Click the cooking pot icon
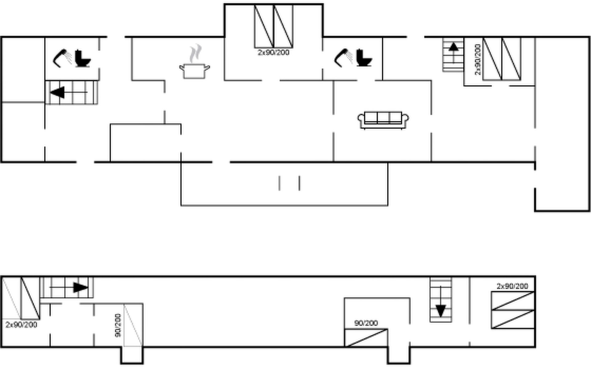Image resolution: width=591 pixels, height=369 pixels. [x=195, y=71]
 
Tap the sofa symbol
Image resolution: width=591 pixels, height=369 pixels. [x=383, y=120]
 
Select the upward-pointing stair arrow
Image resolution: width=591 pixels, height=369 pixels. [x=453, y=53]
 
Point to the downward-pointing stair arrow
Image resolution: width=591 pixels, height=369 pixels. [x=441, y=302]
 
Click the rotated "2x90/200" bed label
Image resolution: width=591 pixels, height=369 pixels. [x=477, y=59]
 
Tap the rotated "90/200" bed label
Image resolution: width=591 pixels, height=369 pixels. [x=118, y=325]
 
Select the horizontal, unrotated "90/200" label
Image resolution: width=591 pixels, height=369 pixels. [x=366, y=323]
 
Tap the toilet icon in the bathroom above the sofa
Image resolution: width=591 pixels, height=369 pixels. [x=364, y=58]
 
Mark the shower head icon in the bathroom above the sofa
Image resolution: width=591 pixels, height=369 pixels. [x=344, y=58]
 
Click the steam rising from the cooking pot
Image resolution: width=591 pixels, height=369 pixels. [x=195, y=54]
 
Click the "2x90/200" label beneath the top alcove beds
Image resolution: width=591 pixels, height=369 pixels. [x=274, y=52]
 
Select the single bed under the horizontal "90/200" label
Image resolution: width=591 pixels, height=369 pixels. [x=366, y=338]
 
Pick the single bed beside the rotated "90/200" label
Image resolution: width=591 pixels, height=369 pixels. [x=133, y=325]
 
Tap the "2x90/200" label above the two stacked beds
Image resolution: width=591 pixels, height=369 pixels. [x=512, y=286]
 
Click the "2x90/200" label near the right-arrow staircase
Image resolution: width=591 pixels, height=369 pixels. [x=22, y=324]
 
